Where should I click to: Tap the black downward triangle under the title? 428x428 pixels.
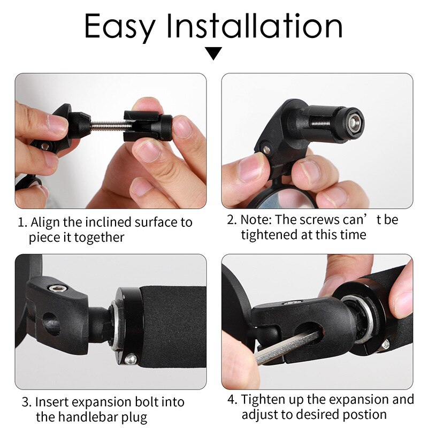pyautogui.click(x=214, y=53)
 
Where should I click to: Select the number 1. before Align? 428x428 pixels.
pyautogui.click(x=22, y=222)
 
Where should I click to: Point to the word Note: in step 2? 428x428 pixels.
pyautogui.click(x=256, y=219)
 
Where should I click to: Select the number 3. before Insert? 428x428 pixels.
pyautogui.click(x=26, y=402)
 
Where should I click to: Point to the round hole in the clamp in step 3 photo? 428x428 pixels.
pyautogui.click(x=51, y=323)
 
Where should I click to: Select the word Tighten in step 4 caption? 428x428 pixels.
pyautogui.click(x=263, y=400)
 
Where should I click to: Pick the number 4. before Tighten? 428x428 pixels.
pyautogui.click(x=232, y=400)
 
